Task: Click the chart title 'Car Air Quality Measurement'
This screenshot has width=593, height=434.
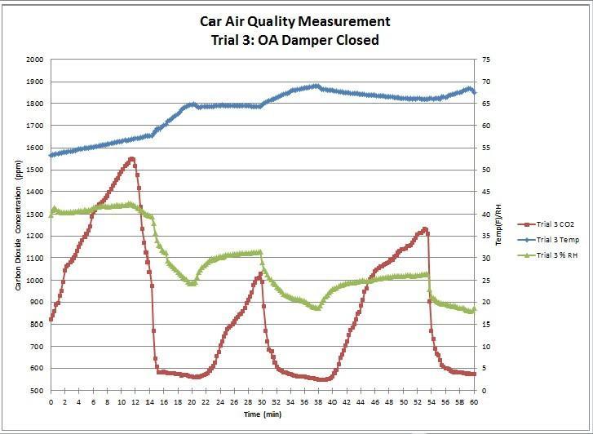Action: click(295, 22)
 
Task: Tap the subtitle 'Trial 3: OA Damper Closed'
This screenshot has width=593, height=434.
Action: click(295, 40)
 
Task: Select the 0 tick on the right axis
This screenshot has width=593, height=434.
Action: click(482, 391)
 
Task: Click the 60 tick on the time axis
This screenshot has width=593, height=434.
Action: click(473, 402)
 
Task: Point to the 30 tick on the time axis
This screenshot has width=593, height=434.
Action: click(262, 402)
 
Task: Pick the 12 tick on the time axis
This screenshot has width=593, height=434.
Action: click(135, 402)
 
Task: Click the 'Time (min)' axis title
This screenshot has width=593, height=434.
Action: click(262, 414)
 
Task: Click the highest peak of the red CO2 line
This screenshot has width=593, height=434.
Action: click(131, 159)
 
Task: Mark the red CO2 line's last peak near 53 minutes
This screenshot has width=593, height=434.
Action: click(425, 229)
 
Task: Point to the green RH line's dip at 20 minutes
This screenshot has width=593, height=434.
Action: click(193, 283)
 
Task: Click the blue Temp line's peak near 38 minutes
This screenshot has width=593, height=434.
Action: click(316, 86)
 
